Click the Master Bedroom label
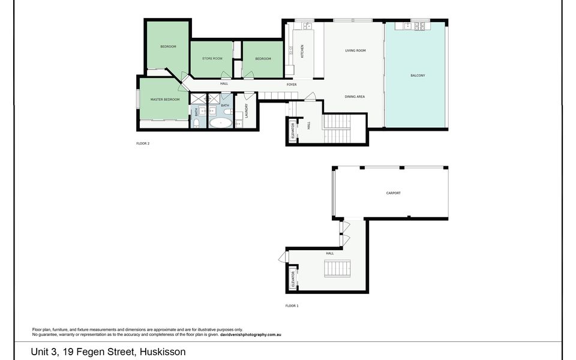[x=165, y=100]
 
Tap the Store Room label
[x=212, y=58]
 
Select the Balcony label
[x=418, y=76]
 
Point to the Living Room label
[x=355, y=50]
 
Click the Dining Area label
[x=355, y=97]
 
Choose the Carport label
[x=394, y=193]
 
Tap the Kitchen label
[x=302, y=52]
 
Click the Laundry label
[x=247, y=110]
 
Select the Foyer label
[x=292, y=85]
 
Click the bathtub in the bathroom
[x=221, y=122]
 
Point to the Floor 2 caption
[x=143, y=143]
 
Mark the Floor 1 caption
[x=292, y=305]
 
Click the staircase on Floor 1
[x=337, y=268]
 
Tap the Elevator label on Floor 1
[x=293, y=279]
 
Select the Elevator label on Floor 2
[x=293, y=130]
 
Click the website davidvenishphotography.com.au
[x=251, y=335]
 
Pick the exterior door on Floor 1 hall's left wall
[x=283, y=256]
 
